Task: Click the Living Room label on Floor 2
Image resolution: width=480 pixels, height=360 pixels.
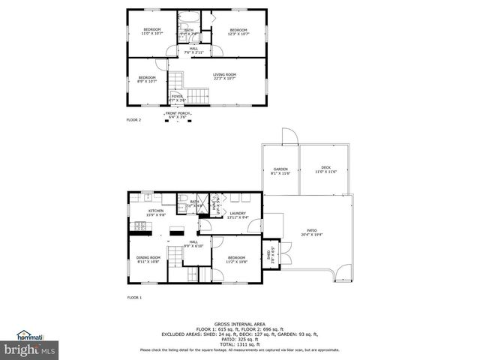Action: coord(224,76)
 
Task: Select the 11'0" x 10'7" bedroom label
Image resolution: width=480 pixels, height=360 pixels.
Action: coord(152,31)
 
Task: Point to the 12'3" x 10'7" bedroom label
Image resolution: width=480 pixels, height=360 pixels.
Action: coord(238,31)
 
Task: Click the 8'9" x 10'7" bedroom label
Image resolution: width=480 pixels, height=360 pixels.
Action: coord(147,79)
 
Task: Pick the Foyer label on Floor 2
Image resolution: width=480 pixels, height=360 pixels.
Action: coord(177,97)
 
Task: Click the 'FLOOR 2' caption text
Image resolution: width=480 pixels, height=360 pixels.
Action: coord(133,120)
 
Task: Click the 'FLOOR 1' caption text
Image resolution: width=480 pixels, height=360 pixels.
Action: coord(133,298)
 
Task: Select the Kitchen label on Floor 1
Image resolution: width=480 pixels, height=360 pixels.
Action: coord(156,212)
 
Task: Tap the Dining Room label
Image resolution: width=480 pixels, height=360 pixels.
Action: coord(148,259)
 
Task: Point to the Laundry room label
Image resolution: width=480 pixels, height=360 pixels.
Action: coord(238,214)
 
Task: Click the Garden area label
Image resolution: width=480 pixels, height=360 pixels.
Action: coord(280,171)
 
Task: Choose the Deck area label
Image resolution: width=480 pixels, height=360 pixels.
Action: coord(325,171)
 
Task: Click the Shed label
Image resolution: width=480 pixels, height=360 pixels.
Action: coord(271,253)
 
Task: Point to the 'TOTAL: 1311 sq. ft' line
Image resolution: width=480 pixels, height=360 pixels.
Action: coord(240,343)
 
